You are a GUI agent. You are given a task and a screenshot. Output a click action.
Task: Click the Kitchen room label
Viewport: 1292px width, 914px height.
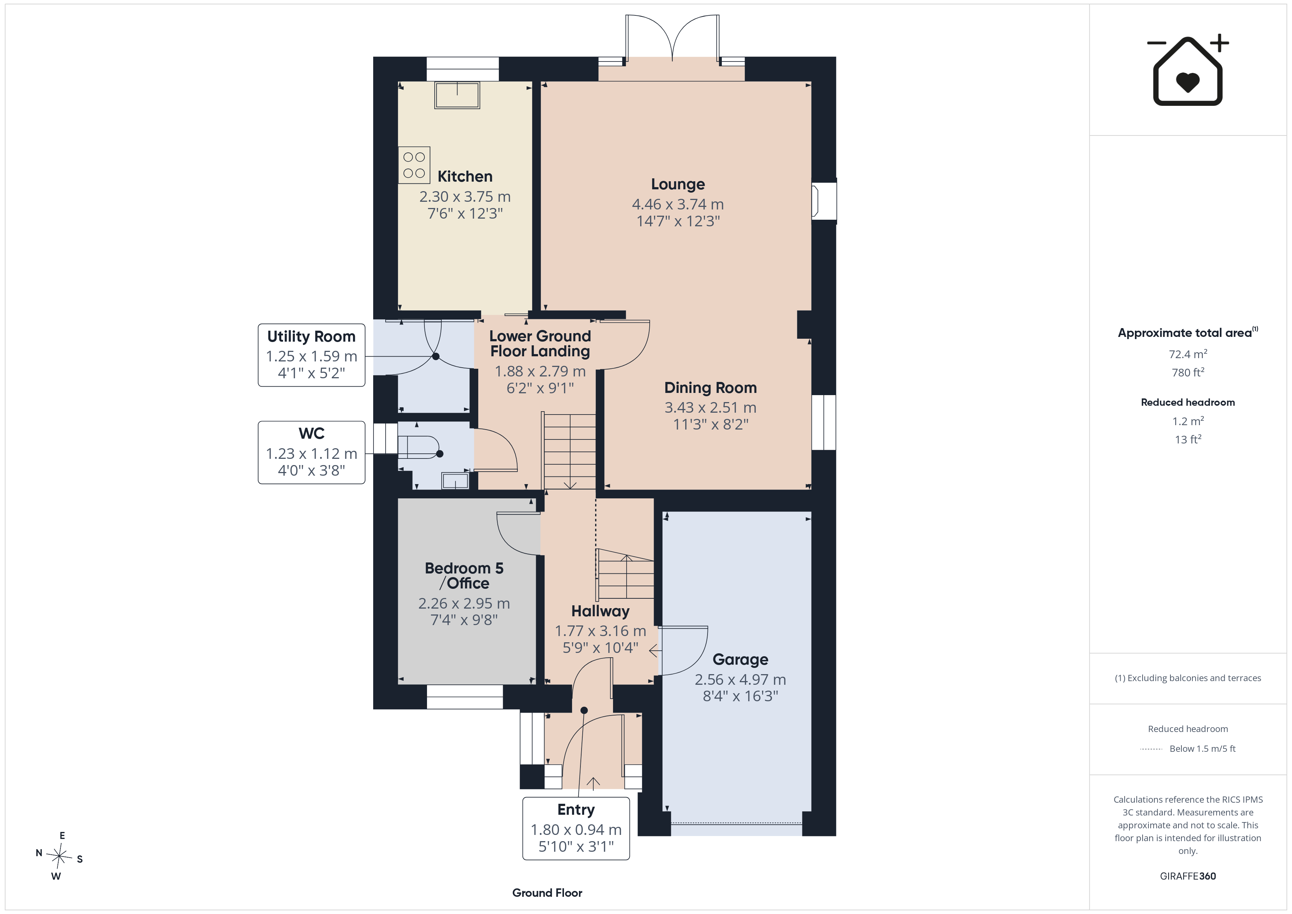pyautogui.click(x=465, y=177)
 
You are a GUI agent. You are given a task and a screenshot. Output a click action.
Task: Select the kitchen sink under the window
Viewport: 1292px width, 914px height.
pyautogui.click(x=457, y=95)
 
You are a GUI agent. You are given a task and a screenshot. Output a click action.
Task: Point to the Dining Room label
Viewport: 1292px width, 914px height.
pyautogui.click(x=710, y=388)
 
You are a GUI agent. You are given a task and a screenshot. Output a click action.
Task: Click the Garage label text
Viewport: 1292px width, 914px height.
pyautogui.click(x=740, y=660)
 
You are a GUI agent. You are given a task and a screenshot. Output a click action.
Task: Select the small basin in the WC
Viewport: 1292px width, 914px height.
pyautogui.click(x=455, y=481)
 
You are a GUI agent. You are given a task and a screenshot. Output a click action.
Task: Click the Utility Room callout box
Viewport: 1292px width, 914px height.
pyautogui.click(x=311, y=355)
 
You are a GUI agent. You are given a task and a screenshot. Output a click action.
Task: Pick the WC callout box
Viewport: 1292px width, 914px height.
pyautogui.click(x=311, y=453)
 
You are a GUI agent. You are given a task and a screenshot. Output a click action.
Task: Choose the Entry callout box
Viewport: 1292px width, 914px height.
pyautogui.click(x=576, y=828)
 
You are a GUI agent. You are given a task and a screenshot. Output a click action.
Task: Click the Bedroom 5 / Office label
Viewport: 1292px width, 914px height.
pyautogui.click(x=464, y=576)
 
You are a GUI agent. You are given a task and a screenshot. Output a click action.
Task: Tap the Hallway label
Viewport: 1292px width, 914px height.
pyautogui.click(x=600, y=611)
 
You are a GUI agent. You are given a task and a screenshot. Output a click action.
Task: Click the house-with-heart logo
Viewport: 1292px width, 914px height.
pyautogui.click(x=1187, y=70)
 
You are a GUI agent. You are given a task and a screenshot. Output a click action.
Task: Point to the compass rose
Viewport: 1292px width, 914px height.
pyautogui.click(x=59, y=856)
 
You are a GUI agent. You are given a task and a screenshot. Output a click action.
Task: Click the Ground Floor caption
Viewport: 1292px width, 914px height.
pyautogui.click(x=547, y=893)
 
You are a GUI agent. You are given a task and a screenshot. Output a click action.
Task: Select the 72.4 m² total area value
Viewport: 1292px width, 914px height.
pyautogui.click(x=1187, y=354)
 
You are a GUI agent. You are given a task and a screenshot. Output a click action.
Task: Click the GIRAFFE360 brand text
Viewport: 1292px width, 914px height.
pyautogui.click(x=1187, y=876)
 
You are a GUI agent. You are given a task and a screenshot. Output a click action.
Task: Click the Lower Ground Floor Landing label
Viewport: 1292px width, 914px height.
pyautogui.click(x=540, y=343)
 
